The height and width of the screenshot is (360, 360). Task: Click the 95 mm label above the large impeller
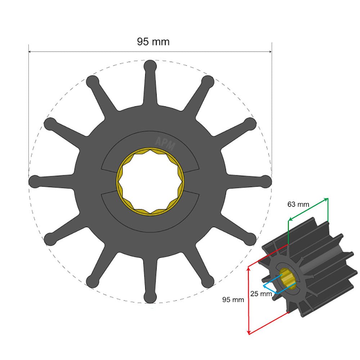pos(153,41)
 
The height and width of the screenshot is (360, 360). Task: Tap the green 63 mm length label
pos(298,204)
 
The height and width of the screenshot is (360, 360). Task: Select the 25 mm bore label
pos(261,294)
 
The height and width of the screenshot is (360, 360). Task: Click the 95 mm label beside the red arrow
pos(233,299)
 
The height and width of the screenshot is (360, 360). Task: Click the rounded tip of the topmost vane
pos(150,66)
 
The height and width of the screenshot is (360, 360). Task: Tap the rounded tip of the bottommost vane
pos(150,297)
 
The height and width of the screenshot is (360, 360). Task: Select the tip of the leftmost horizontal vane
pos(35,181)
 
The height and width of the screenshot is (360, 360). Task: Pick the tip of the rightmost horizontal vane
pos(265,181)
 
